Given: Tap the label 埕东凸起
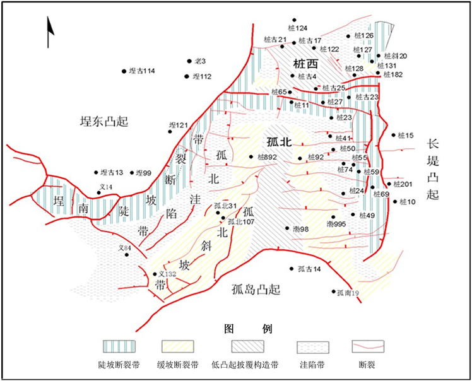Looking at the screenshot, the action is click(100, 121).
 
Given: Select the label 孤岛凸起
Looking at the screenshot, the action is click(252, 290).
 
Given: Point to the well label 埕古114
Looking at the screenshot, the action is click(141, 71).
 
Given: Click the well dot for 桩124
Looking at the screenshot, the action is click(293, 20).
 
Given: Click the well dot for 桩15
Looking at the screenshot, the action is click(394, 135).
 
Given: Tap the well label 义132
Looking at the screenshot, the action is click(167, 274).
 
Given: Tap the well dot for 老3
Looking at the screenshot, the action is click(189, 61).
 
